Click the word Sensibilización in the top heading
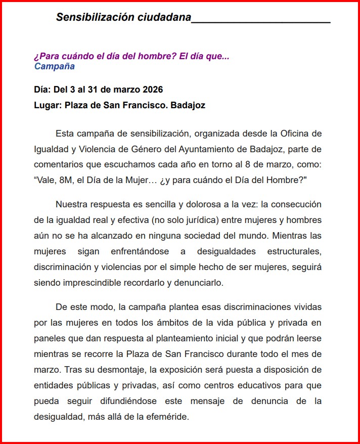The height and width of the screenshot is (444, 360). tap(95, 17)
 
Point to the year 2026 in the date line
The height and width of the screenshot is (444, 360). tap(153, 90)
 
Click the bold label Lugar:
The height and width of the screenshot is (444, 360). tap(48, 106)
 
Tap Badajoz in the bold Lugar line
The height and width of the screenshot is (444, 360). tap(188, 106)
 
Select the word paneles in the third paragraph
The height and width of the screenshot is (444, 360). tap(50, 338)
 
